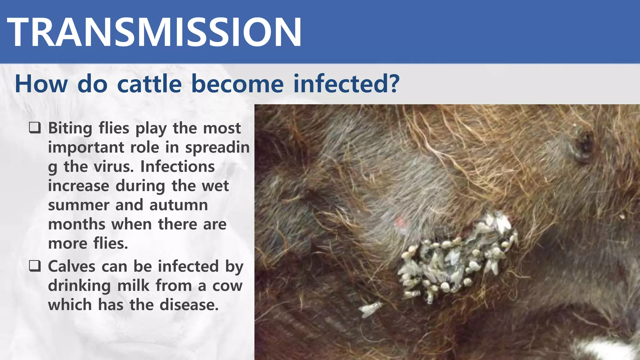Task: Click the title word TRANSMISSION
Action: click(154, 32)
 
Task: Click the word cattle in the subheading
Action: click(149, 84)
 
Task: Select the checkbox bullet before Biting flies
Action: click(35, 128)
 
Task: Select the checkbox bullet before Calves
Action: click(35, 266)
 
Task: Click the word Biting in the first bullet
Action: click(70, 128)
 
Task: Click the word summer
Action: click(79, 205)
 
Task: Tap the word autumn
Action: click(178, 205)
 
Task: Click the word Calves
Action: click(72, 266)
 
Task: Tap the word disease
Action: click(189, 305)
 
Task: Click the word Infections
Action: click(177, 166)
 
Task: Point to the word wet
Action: click(215, 186)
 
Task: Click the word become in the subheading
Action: click(237, 84)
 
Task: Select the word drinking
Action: click(79, 286)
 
